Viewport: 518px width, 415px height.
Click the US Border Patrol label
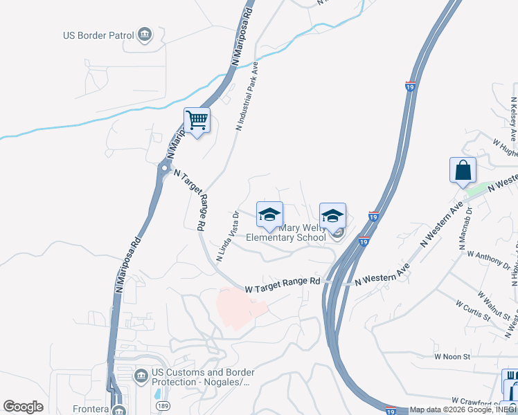pyautogui.click(x=98, y=35)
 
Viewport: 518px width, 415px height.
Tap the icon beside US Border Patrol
pyautogui.click(x=145, y=34)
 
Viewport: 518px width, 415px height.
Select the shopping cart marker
pyautogui.click(x=197, y=120)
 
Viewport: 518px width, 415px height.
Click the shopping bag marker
pyautogui.click(x=463, y=169)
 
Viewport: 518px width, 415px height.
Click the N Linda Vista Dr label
pyautogui.click(x=227, y=236)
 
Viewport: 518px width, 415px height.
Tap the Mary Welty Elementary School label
pyautogui.click(x=276, y=232)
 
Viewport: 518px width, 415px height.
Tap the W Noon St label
pyautogui.click(x=452, y=356)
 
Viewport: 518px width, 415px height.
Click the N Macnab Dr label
pyautogui.click(x=465, y=228)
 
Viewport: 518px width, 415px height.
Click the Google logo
pyautogui.click(x=24, y=407)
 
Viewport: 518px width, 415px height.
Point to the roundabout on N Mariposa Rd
pyautogui.click(x=164, y=167)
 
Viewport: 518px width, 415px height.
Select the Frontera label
pyautogui.click(x=91, y=409)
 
